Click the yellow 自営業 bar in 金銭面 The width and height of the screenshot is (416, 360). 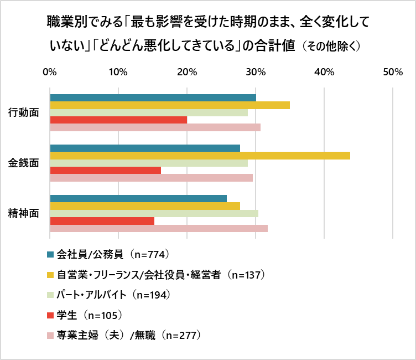200,156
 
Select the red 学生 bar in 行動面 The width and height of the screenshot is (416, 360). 118,120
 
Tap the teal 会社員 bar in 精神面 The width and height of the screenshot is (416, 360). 138,199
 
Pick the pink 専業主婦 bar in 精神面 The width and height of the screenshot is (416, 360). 159,228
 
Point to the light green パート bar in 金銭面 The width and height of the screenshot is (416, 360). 149,163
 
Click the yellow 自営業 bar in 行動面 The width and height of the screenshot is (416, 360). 170,105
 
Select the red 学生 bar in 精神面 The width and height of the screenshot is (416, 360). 102,221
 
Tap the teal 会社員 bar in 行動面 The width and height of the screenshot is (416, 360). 153,98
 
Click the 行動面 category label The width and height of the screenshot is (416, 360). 23,112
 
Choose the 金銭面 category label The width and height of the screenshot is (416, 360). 23,163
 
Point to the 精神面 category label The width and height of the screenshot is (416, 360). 23,213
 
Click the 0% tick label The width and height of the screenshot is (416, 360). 50,72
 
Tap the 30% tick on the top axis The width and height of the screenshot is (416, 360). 255,72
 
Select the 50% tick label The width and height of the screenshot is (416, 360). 392,72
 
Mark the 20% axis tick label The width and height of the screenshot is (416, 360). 186,72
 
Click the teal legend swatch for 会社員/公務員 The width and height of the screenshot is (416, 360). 50,255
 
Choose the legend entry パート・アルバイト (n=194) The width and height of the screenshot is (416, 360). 113,295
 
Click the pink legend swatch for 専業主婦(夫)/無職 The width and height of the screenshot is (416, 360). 50,335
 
